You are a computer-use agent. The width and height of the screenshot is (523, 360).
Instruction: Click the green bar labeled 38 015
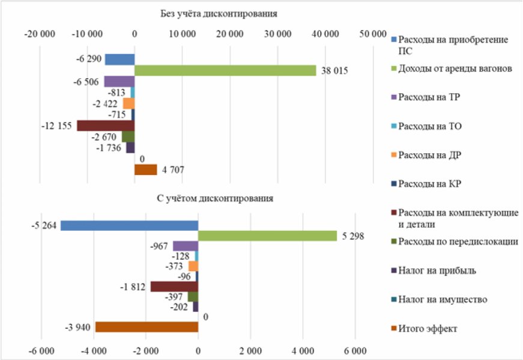pyautogui.click(x=225, y=70)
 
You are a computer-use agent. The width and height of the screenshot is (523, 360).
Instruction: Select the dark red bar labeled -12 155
pyautogui.click(x=106, y=126)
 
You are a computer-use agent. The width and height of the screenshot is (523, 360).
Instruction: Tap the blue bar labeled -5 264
pyautogui.click(x=130, y=225)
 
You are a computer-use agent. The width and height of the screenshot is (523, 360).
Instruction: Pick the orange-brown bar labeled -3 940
pyautogui.click(x=147, y=327)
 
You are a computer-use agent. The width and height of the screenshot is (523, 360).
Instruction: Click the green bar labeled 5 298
pyautogui.click(x=267, y=236)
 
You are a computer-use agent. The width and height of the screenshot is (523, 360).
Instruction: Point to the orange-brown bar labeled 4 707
pyautogui.click(x=146, y=169)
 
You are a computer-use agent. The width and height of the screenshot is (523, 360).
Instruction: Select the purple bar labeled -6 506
pyautogui.click(x=119, y=82)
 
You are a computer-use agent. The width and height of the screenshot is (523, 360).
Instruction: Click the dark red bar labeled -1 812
pyautogui.click(x=175, y=287)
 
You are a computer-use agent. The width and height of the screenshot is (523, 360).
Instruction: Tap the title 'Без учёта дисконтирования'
pyautogui.click(x=219, y=14)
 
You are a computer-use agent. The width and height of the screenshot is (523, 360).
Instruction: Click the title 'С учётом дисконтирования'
pyautogui.click(x=215, y=198)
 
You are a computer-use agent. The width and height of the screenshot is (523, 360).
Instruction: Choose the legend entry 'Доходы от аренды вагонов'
pyautogui.click(x=452, y=69)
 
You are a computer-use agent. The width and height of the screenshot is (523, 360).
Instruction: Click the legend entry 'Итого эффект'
pyautogui.click(x=424, y=329)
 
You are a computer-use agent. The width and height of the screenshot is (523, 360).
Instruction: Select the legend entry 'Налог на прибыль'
pyautogui.click(x=434, y=270)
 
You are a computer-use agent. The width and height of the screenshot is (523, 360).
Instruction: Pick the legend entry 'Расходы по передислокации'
pyautogui.click(x=455, y=242)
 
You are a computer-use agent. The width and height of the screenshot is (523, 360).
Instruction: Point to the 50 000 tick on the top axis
pyautogui.click(x=373, y=34)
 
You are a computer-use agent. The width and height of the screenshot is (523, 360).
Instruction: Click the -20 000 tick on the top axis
pyautogui.click(x=40, y=34)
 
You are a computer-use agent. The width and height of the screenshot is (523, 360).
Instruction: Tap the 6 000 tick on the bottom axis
pyautogui.click(x=355, y=351)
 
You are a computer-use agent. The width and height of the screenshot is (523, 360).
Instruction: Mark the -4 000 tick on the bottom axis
pyautogui.click(x=94, y=351)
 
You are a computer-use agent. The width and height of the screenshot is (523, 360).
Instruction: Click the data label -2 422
pyautogui.click(x=105, y=104)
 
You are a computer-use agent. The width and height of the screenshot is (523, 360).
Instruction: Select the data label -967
pyautogui.click(x=159, y=246)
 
